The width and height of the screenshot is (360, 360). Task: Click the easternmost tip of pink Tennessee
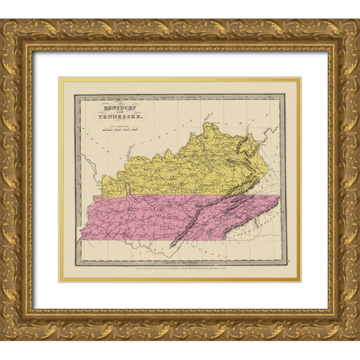280,196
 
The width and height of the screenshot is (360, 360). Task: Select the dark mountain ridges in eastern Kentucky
244,161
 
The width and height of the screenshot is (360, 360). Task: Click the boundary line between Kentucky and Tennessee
180,196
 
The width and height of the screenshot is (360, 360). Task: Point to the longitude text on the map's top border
180,96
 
